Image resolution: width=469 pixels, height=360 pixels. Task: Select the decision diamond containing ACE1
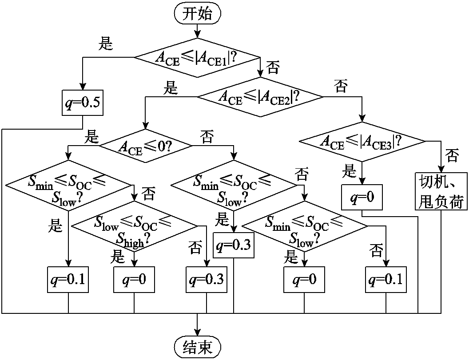(x=197, y=57)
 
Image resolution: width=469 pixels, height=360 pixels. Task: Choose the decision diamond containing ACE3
(x=362, y=142)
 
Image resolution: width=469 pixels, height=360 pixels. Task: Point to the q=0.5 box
(x=82, y=103)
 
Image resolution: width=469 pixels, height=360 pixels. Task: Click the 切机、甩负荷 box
(x=441, y=191)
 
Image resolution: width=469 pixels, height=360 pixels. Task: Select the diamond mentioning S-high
(x=135, y=226)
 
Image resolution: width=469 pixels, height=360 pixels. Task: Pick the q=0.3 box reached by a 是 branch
(x=234, y=245)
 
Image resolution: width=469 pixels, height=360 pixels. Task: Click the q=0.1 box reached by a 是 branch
(x=68, y=280)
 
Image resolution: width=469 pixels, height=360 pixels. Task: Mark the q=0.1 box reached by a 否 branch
(x=386, y=280)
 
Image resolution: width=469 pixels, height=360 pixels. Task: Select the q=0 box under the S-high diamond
(x=134, y=280)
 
